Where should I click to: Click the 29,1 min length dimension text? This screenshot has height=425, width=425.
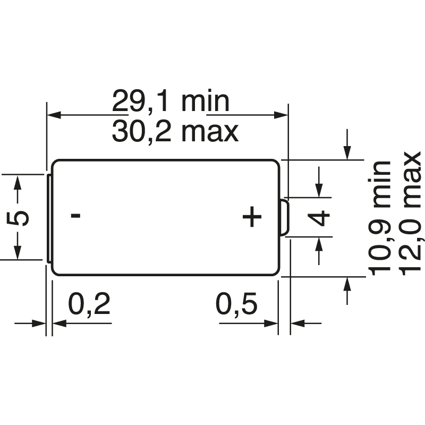pyautogui.click(x=171, y=101)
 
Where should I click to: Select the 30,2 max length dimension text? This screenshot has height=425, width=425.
pyautogui.click(x=175, y=131)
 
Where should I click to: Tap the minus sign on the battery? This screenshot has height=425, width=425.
pyautogui.click(x=76, y=216)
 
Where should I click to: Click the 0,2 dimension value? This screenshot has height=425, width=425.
pyautogui.click(x=89, y=304)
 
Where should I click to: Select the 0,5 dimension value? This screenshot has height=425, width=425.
pyautogui.click(x=236, y=304)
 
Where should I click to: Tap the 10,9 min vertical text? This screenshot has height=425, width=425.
pyautogui.click(x=380, y=218)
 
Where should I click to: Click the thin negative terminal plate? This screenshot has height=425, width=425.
pyautogui.click(x=49, y=218)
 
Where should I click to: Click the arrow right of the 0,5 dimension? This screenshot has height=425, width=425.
pyautogui.click(x=298, y=322)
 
